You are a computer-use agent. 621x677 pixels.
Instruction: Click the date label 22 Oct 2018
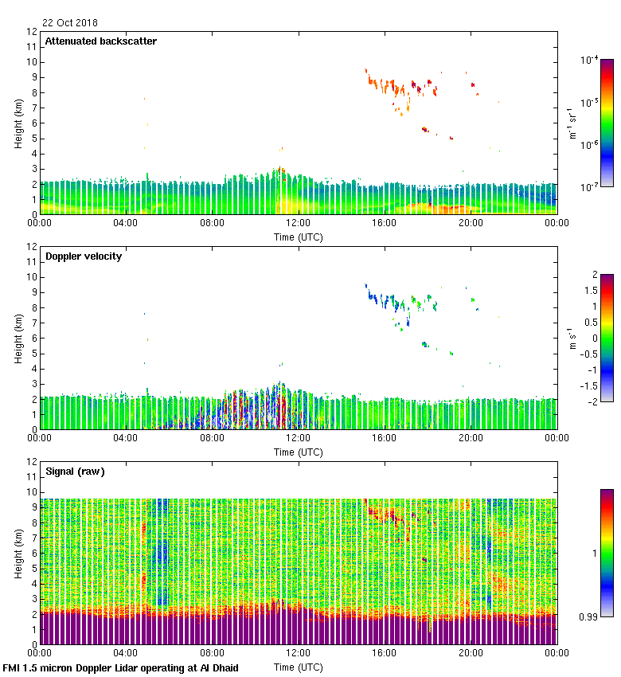[69, 23]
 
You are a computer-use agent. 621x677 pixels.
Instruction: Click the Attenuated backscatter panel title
[100, 41]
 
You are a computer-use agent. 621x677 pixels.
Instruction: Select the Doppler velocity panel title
[83, 256]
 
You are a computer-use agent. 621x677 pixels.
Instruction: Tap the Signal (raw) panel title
[75, 472]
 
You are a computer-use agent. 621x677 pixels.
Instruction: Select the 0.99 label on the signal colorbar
[590, 616]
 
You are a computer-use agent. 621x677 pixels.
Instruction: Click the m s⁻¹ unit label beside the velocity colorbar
[572, 338]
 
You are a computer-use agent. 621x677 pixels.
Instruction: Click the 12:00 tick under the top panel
[298, 224]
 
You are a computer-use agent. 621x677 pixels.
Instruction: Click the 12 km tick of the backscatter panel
[33, 32]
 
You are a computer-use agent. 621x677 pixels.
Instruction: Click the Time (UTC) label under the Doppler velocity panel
[299, 452]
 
